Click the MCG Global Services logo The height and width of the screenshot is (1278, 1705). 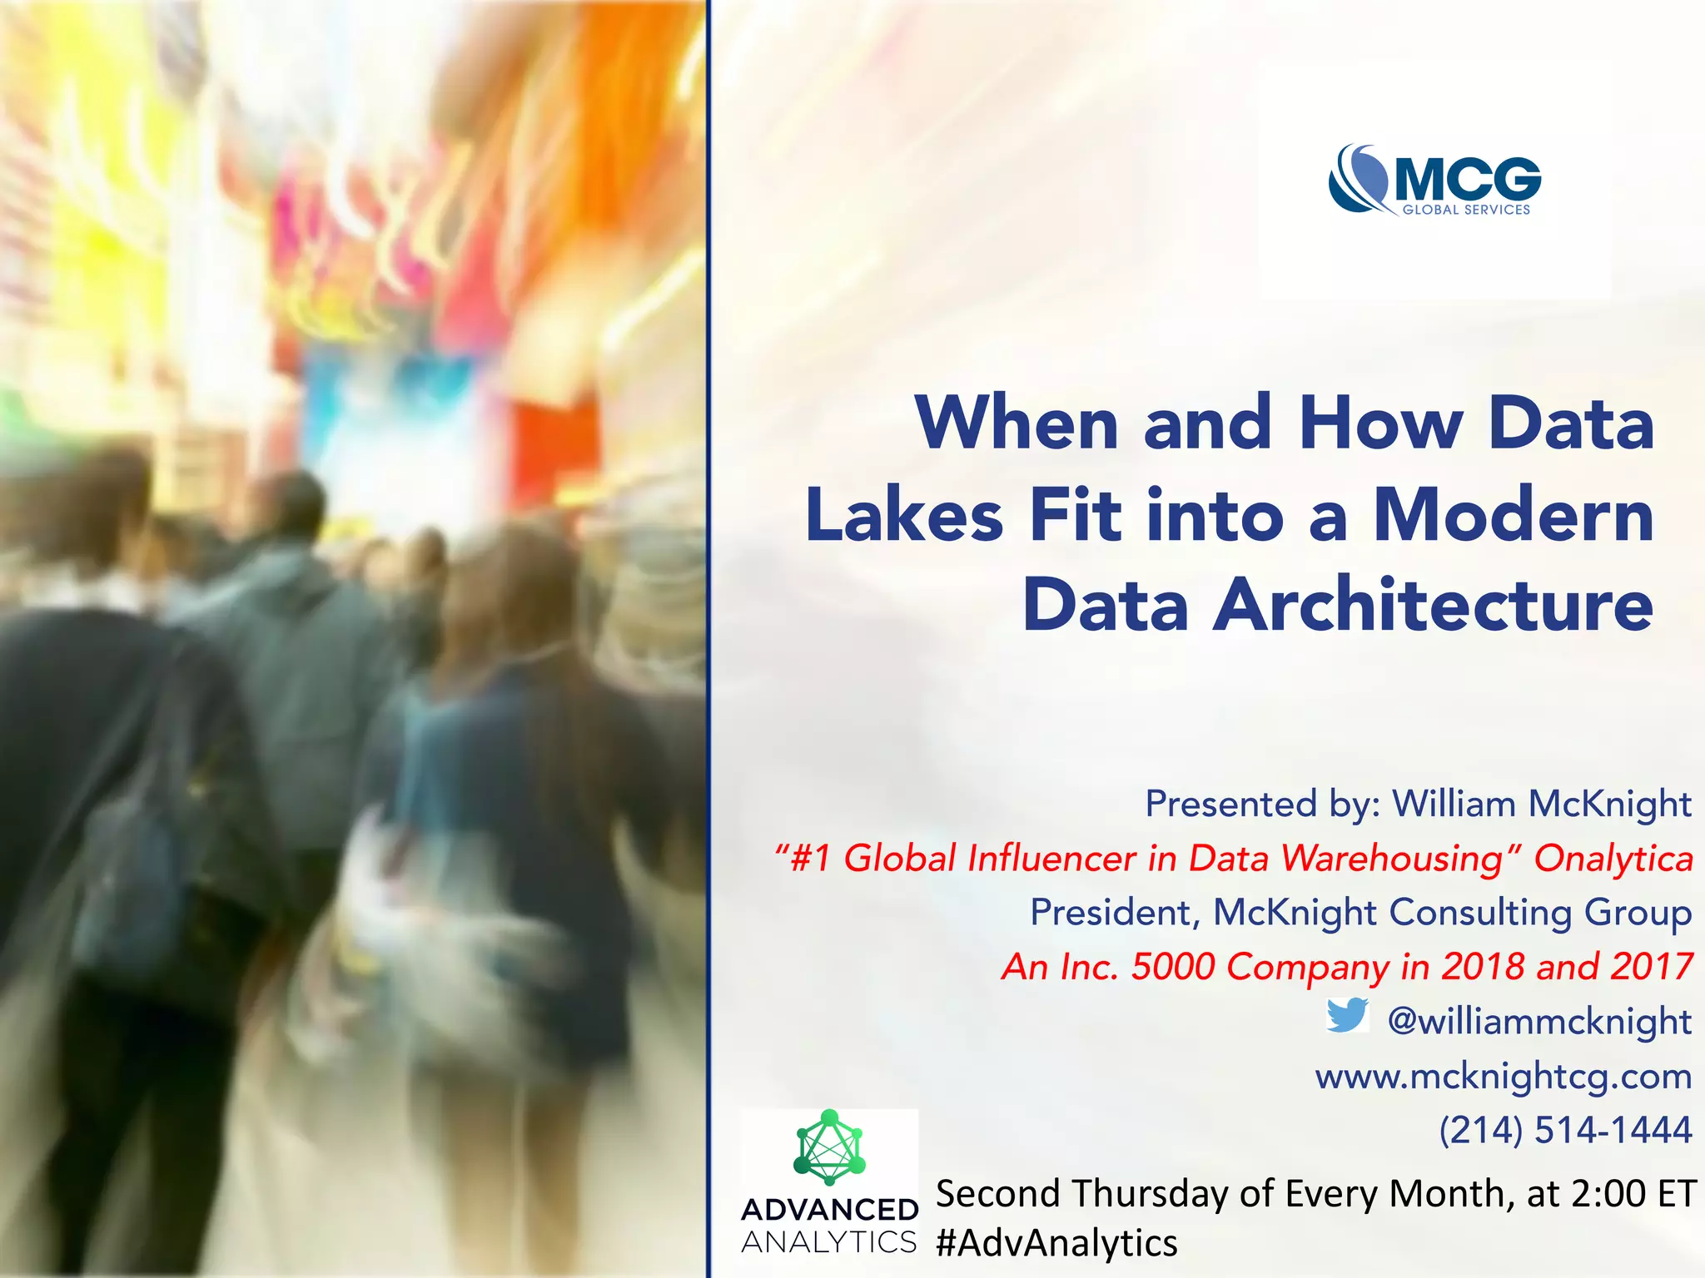tap(1434, 181)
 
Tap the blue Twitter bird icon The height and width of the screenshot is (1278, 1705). tap(1348, 1016)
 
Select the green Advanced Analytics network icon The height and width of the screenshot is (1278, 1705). tap(829, 1147)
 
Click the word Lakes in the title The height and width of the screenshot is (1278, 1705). tap(904, 515)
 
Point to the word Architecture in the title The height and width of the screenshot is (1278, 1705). tap(1433, 605)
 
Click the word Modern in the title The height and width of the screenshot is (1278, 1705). tap(1514, 515)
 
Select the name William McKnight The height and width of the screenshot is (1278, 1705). tap(1542, 804)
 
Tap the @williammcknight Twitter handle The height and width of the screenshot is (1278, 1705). tap(1539, 1021)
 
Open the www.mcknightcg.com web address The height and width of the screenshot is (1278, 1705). tap(1504, 1076)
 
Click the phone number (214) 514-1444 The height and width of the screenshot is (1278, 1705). tap(1565, 1130)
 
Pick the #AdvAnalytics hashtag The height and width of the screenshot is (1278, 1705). tap(1056, 1243)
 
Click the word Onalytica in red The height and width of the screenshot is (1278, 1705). tap(1613, 859)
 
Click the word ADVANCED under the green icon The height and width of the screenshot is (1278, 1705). tap(829, 1210)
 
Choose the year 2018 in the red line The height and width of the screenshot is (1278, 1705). tap(1483, 967)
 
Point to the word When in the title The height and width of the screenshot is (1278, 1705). tap(1017, 424)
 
